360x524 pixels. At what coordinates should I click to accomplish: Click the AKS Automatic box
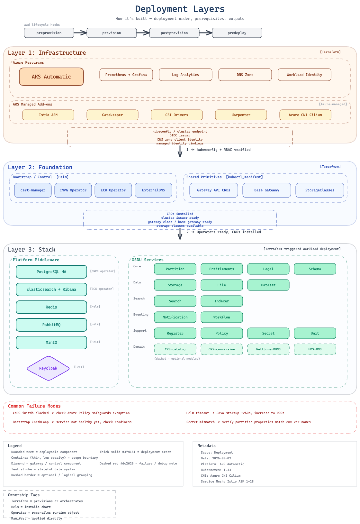click(51, 77)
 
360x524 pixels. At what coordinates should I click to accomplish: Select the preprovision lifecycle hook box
click(49, 33)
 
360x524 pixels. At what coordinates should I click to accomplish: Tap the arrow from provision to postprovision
click(143, 32)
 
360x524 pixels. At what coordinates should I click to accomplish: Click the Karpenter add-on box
click(241, 115)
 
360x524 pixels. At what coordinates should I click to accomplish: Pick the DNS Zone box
click(245, 75)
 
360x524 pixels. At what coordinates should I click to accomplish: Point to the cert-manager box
click(33, 190)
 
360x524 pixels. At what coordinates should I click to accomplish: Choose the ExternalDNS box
click(153, 190)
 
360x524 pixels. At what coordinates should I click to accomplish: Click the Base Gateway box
click(266, 190)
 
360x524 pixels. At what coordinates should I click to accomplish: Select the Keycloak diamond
click(48, 368)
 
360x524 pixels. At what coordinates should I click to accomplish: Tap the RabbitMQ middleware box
click(51, 325)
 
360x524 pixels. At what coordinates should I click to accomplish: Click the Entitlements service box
click(221, 269)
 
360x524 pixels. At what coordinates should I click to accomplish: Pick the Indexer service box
click(221, 301)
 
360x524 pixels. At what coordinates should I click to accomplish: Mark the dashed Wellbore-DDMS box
click(268, 349)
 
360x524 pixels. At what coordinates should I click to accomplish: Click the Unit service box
click(315, 333)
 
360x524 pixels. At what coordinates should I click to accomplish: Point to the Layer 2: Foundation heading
click(40, 167)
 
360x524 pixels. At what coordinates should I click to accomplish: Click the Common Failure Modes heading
click(34, 406)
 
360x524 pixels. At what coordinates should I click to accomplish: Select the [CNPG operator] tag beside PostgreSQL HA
click(103, 271)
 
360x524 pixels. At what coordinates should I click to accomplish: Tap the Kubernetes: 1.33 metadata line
click(216, 470)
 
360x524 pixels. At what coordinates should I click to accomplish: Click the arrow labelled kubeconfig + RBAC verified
click(180, 152)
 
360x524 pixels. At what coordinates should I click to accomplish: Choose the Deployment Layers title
click(180, 9)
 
